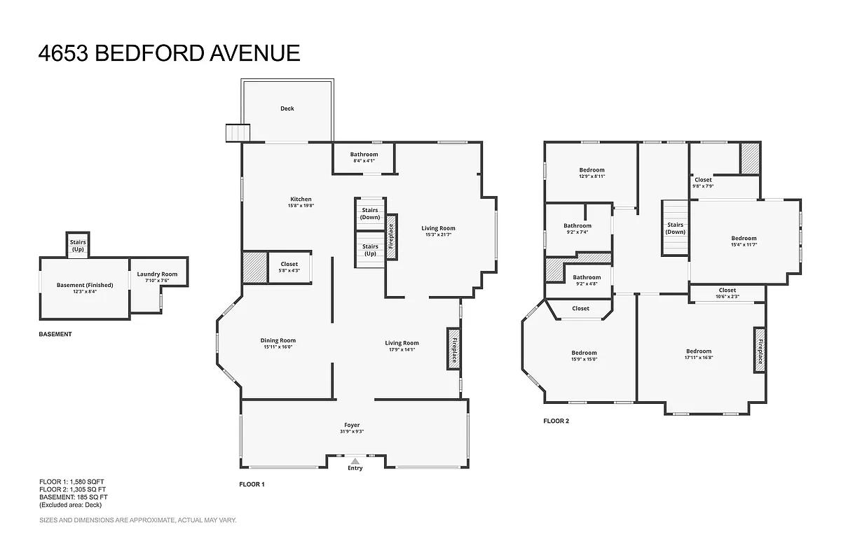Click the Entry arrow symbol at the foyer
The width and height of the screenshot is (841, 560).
tap(355, 461)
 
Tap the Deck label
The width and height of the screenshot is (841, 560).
tap(287, 108)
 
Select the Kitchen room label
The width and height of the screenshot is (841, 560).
tap(300, 199)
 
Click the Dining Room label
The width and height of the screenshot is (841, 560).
tap(278, 341)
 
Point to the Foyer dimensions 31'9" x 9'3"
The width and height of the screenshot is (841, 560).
tap(352, 431)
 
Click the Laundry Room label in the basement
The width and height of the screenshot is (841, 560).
tap(157, 274)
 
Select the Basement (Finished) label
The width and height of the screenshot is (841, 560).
tap(85, 285)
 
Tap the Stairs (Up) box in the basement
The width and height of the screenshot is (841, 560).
tap(77, 245)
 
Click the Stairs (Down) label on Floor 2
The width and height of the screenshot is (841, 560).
tap(676, 228)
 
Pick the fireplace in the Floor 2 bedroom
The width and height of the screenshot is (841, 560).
tap(759, 348)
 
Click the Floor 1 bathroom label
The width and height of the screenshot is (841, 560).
tap(364, 155)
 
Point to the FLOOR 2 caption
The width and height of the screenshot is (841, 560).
tap(556, 421)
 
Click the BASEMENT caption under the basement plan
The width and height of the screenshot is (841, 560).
tap(55, 335)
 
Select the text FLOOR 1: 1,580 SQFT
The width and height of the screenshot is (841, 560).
tap(71, 482)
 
